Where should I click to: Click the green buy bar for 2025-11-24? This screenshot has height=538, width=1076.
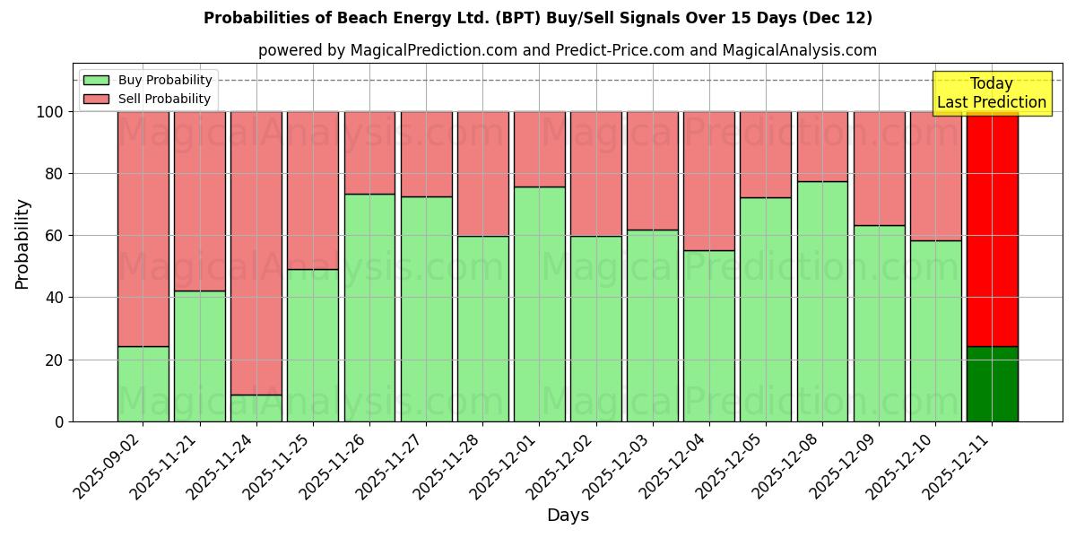coord(256,408)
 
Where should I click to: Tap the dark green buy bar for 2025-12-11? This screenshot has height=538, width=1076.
coord(992,384)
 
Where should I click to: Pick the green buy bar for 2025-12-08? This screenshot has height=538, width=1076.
coord(822,301)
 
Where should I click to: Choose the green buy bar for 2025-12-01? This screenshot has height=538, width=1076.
coord(540,304)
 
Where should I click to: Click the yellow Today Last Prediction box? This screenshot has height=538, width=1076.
coord(991,93)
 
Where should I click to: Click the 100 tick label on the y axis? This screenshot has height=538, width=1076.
coord(49,112)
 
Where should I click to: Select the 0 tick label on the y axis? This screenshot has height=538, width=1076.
coord(59,421)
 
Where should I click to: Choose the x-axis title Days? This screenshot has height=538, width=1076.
coord(568,516)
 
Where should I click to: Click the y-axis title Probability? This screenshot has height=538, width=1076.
coord(22,243)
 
